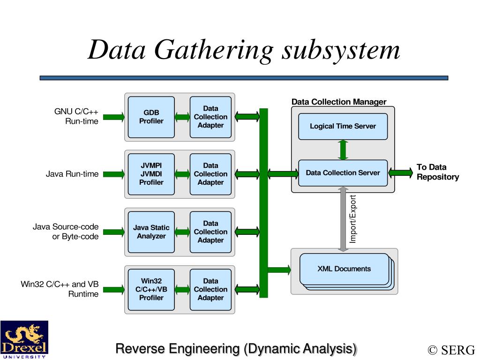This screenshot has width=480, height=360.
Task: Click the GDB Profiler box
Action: pyautogui.click(x=151, y=117)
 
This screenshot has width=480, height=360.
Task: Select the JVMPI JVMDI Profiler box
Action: pyautogui.click(x=151, y=174)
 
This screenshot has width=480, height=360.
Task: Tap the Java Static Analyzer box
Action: pyautogui.click(x=151, y=232)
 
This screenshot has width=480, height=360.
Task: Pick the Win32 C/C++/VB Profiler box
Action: pyautogui.click(x=151, y=289)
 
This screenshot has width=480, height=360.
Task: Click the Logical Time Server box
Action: pyautogui.click(x=343, y=126)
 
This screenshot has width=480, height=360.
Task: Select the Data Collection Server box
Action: pyautogui.click(x=343, y=172)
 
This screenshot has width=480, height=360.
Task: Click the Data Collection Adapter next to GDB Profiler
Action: pyautogui.click(x=210, y=117)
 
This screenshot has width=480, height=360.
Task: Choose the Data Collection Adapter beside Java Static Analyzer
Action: pyautogui.click(x=210, y=232)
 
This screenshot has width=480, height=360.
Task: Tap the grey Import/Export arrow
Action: pyautogui.click(x=343, y=219)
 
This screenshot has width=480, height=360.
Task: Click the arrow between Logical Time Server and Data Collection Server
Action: pyautogui.click(x=343, y=150)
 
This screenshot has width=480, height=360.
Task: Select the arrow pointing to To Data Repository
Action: pyautogui.click(x=400, y=172)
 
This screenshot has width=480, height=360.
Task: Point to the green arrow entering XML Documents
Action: pyautogui.click(x=279, y=270)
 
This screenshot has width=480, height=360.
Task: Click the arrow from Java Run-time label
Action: pyautogui.click(x=113, y=174)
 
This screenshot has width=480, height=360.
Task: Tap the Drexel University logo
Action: pyautogui.click(x=24, y=340)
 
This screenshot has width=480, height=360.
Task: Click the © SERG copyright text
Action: pyautogui.click(x=451, y=350)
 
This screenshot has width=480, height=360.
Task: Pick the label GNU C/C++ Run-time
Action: pyautogui.click(x=76, y=116)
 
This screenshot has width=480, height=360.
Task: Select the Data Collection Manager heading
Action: pyautogui.click(x=339, y=102)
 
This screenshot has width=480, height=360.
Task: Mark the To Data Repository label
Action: pyautogui.click(x=438, y=172)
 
